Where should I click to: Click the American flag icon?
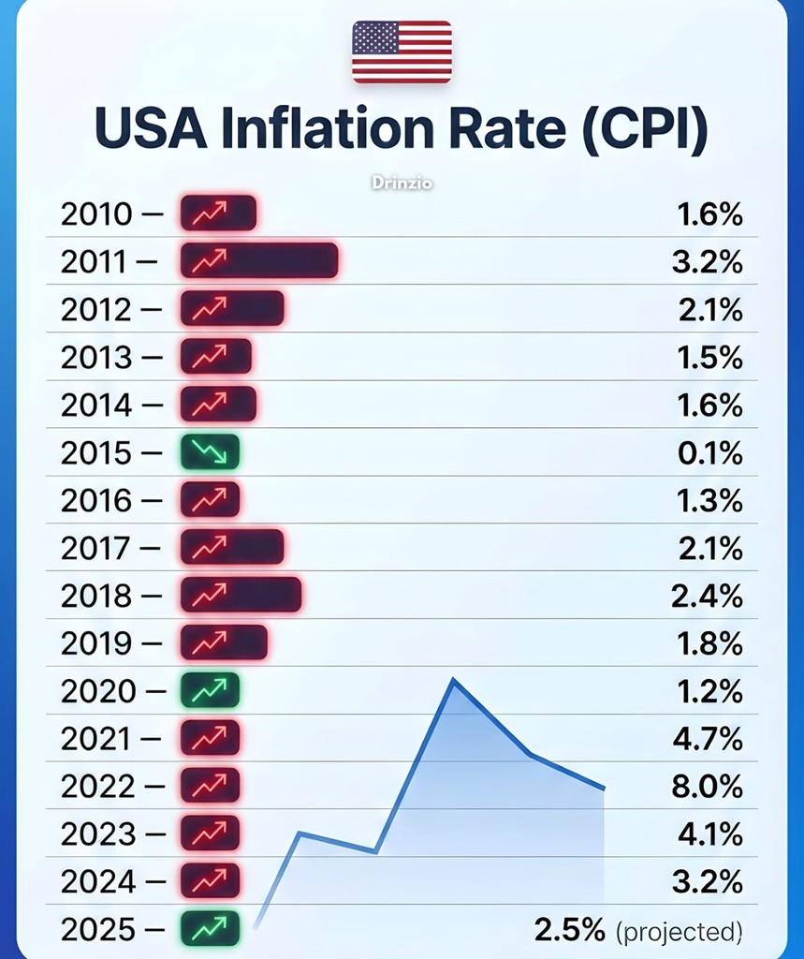[x=402, y=52]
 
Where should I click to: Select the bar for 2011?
[x=258, y=260]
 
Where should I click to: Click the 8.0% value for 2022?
[x=707, y=785]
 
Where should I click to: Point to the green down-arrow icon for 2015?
[x=210, y=452]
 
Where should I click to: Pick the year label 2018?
[x=97, y=596]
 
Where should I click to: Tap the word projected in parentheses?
[x=680, y=931]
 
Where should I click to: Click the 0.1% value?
[x=709, y=452]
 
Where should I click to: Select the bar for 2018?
[x=241, y=595]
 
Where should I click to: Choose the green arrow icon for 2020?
[x=210, y=691]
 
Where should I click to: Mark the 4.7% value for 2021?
[x=707, y=738]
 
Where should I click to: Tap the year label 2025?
[x=97, y=930]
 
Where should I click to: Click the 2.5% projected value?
[x=569, y=930]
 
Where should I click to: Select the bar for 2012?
[x=231, y=308]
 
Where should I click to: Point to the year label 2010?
[x=97, y=214]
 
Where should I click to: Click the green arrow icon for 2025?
[x=210, y=929]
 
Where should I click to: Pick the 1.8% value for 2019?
[x=708, y=643]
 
